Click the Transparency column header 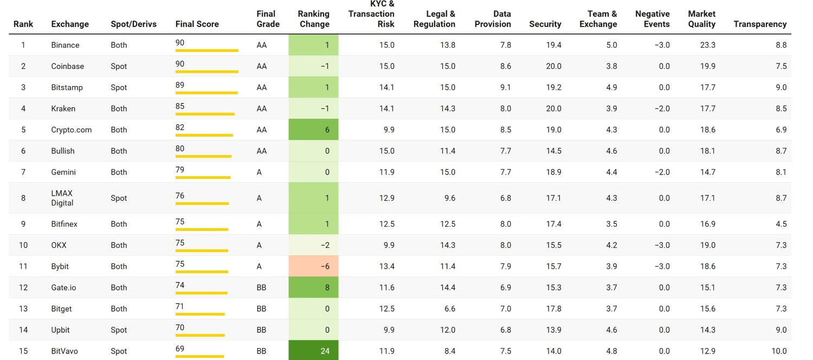tap(759, 24)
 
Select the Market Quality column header tap(701, 19)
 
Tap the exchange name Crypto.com tap(72, 130)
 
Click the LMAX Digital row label tap(62, 198)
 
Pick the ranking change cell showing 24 tap(313, 351)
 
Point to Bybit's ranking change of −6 tap(313, 266)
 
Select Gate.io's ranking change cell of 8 tap(313, 287)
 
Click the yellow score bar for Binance tap(207, 50)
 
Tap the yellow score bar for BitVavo tap(199, 356)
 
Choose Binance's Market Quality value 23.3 tap(707, 45)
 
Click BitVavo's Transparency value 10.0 tap(780, 351)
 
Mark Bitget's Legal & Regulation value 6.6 tap(449, 308)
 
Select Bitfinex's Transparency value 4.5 tap(781, 224)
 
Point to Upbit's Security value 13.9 tap(553, 330)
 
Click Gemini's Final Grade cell tap(259, 172)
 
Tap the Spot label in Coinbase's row tap(119, 66)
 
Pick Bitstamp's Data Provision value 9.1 tap(505, 87)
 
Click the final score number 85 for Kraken tap(180, 106)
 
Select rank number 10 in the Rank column tap(23, 245)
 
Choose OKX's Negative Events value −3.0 tap(662, 245)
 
